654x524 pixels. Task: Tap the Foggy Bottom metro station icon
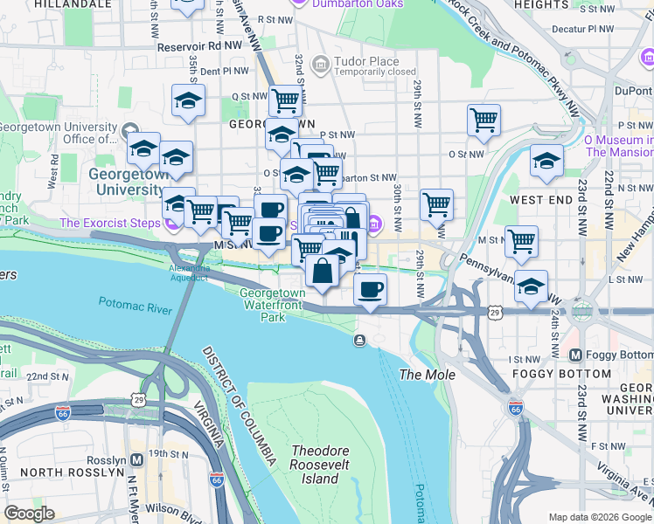(x=576, y=355)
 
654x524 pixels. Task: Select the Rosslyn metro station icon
(x=136, y=459)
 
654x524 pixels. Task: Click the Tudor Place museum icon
(x=320, y=64)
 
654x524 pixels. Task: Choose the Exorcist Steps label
(x=109, y=224)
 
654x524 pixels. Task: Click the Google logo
(x=30, y=514)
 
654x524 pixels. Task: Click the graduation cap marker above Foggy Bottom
(x=531, y=286)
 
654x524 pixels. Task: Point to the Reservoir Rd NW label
(x=199, y=43)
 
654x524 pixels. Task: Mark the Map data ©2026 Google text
(x=600, y=517)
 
